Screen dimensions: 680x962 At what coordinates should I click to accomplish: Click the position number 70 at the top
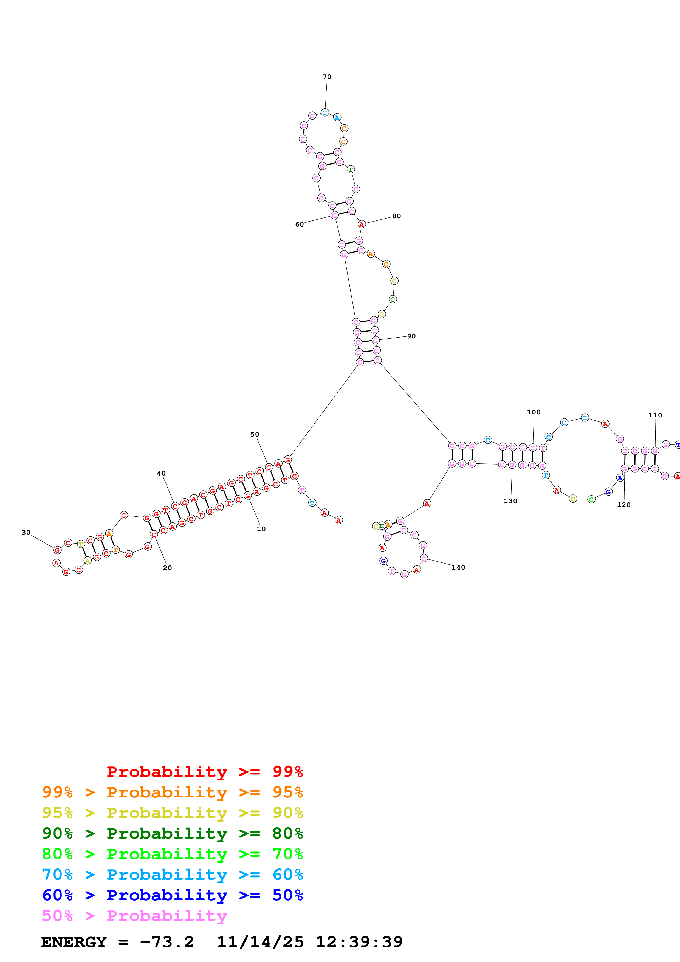pyautogui.click(x=327, y=77)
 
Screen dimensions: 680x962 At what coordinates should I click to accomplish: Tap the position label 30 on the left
pyautogui.click(x=26, y=533)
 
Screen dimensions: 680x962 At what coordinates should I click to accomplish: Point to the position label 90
pyautogui.click(x=411, y=336)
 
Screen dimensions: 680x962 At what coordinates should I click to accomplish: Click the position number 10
pyautogui.click(x=261, y=529)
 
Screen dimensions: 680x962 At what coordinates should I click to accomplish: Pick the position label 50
pyautogui.click(x=255, y=434)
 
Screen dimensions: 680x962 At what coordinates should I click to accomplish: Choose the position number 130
pyautogui.click(x=510, y=501)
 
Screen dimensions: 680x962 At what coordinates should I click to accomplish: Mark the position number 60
pyautogui.click(x=299, y=224)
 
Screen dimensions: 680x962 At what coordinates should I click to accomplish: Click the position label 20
pyautogui.click(x=167, y=568)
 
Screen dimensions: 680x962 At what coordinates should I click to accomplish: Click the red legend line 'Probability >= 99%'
pyautogui.click(x=204, y=771)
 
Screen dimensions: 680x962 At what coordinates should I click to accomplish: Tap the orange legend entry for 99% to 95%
pyautogui.click(x=172, y=792)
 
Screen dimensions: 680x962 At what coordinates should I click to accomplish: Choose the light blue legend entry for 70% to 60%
pyautogui.click(x=172, y=875)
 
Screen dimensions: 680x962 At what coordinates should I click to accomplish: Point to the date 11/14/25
pyautogui.click(x=260, y=942)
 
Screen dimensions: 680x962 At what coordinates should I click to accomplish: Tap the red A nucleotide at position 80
pyautogui.click(x=362, y=225)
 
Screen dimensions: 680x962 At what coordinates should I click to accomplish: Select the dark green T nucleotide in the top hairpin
pyautogui.click(x=351, y=169)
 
